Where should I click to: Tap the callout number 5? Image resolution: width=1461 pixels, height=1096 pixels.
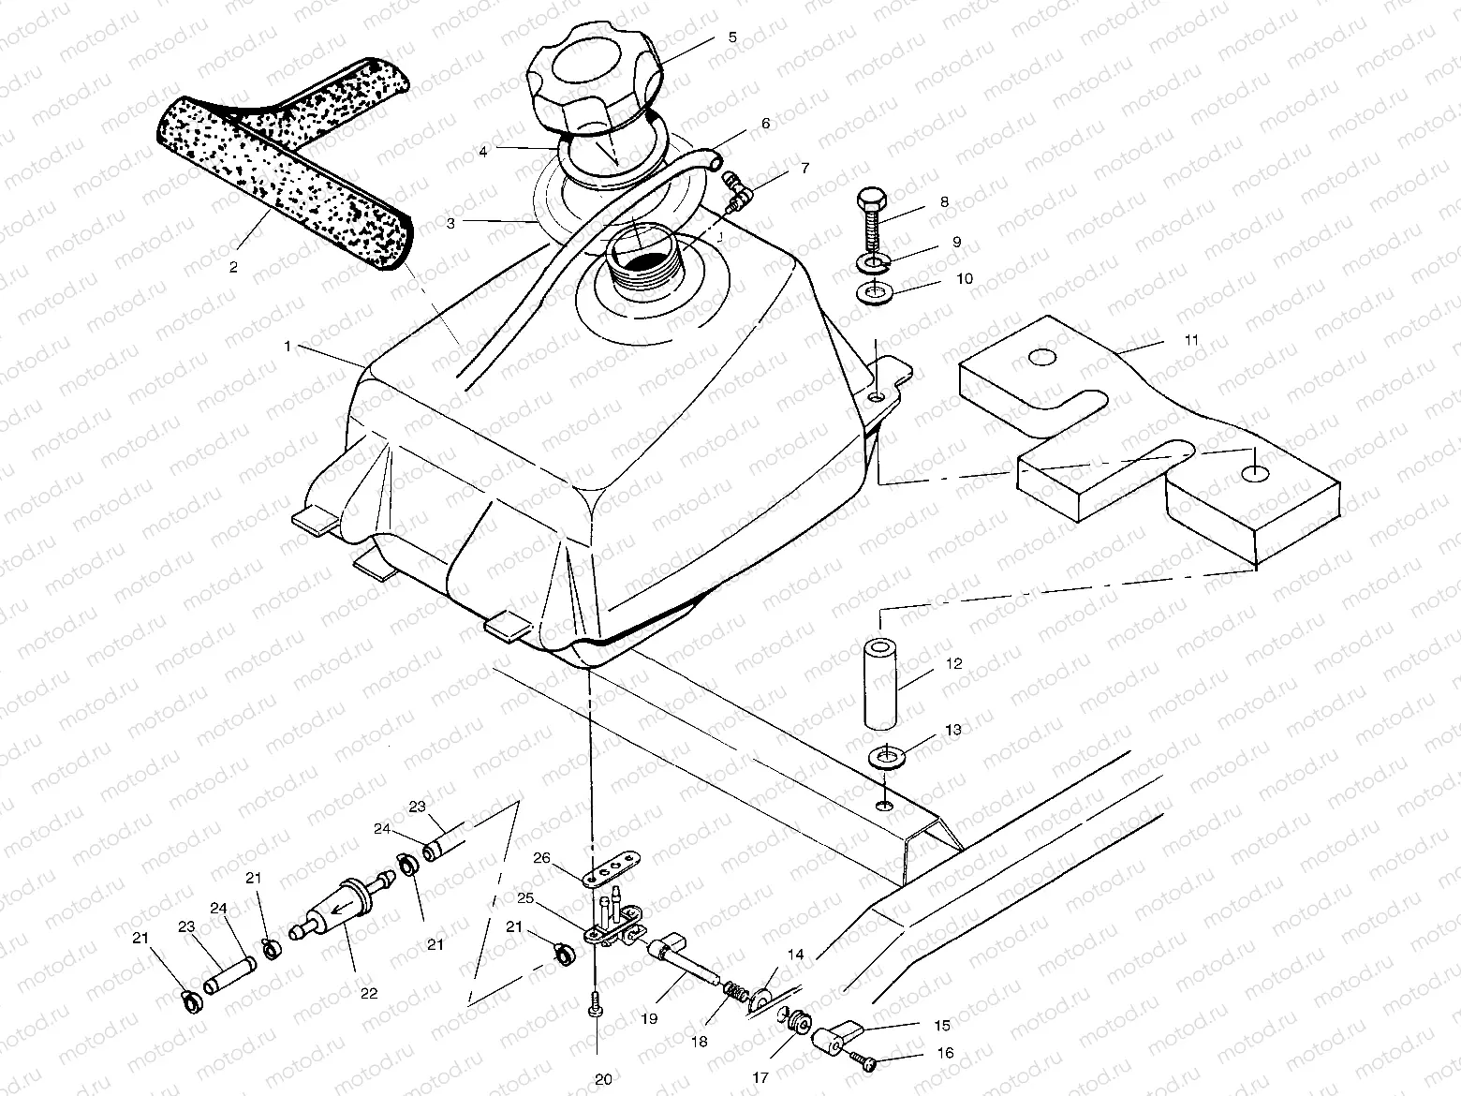pyautogui.click(x=732, y=37)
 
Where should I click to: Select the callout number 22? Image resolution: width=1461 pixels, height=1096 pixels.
pyautogui.click(x=369, y=993)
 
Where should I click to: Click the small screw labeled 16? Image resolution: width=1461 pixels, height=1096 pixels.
pyautogui.click(x=863, y=1062)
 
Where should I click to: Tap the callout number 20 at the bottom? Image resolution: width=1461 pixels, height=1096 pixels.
pyautogui.click(x=603, y=1079)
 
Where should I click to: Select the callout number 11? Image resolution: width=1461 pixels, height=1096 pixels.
pyautogui.click(x=1190, y=340)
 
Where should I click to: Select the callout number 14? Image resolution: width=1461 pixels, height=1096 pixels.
pyautogui.click(x=795, y=955)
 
